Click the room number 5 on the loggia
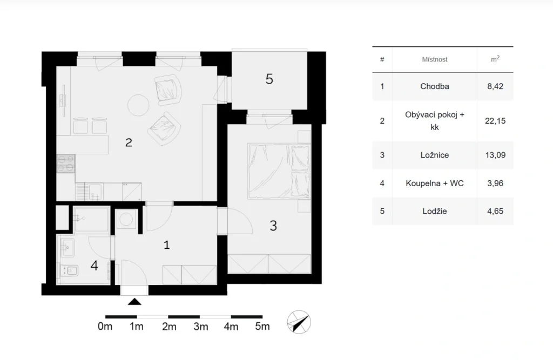point(269,79)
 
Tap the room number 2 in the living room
point(129,142)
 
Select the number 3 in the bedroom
point(273,226)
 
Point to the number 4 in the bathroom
point(94,266)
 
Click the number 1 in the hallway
point(167,244)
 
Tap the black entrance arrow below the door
point(134,302)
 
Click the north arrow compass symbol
point(299,322)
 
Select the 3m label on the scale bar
point(201,327)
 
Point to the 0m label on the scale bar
point(105,327)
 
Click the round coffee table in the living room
point(138,105)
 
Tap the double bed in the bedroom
point(279,171)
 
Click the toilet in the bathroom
point(70,271)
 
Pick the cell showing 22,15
point(495,121)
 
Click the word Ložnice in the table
point(435,155)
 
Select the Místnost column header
point(435,59)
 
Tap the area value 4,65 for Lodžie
point(495,211)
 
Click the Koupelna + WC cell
point(435,184)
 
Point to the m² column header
point(495,59)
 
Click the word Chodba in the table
point(435,86)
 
